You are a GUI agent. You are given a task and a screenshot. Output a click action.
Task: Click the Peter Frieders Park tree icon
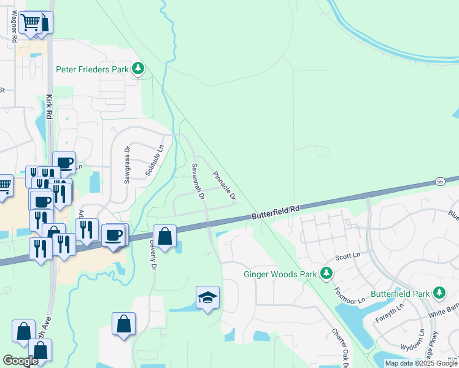(x=139, y=69)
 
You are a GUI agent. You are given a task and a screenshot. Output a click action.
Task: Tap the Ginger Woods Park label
(x=279, y=274)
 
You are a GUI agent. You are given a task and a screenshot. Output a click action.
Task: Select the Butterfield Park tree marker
(x=439, y=293)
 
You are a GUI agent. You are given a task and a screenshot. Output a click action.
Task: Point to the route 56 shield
(x=440, y=182)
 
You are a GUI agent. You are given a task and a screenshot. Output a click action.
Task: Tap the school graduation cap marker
(x=207, y=298)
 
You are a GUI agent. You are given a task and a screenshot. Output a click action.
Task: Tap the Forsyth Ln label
(x=391, y=310)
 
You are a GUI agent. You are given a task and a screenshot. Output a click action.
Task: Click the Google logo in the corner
(x=20, y=361)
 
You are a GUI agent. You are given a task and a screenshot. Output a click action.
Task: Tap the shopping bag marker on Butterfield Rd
(x=165, y=236)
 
